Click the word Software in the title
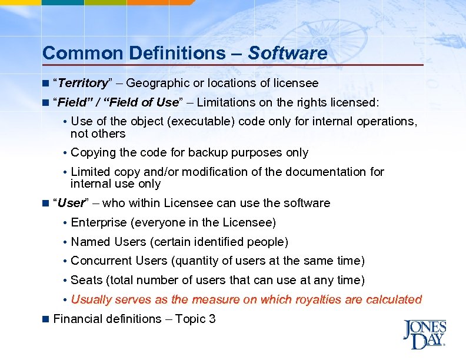click(288, 54)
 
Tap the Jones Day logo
click(424, 334)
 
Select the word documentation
click(318, 172)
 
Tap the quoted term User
click(71, 203)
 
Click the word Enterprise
click(98, 222)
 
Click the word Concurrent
click(101, 261)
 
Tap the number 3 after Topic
click(212, 319)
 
